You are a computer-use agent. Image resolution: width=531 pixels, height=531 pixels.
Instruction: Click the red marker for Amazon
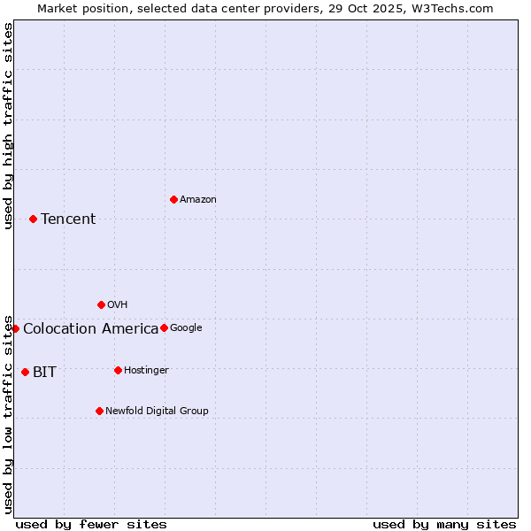173,199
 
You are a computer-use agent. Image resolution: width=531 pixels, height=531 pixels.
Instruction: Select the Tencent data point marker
33,219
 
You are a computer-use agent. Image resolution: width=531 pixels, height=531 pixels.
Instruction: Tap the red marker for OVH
101,304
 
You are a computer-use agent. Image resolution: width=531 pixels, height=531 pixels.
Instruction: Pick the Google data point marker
164,327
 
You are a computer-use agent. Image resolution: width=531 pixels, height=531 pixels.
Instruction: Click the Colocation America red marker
15,328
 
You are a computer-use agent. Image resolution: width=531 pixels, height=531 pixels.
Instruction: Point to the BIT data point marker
25,372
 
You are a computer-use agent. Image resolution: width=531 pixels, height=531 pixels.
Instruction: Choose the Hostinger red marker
118,370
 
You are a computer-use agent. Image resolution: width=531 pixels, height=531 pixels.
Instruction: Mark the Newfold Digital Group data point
99,411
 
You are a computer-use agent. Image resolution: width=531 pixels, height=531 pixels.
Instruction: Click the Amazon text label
197,200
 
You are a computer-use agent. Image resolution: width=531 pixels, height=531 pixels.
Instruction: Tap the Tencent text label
68,219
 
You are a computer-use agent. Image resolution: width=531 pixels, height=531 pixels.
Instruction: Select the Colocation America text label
90,329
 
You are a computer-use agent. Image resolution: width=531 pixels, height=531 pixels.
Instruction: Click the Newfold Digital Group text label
157,411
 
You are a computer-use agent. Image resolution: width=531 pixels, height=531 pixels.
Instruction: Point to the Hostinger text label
146,370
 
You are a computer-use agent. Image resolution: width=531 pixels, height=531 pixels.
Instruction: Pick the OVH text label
117,305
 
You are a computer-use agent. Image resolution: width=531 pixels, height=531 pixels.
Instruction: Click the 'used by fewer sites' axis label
91,524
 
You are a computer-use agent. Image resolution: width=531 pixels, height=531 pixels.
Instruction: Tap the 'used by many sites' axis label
444,524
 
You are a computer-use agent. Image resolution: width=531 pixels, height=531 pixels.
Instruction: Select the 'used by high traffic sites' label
8,126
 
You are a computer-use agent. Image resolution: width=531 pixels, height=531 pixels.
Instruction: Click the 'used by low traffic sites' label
8,413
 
